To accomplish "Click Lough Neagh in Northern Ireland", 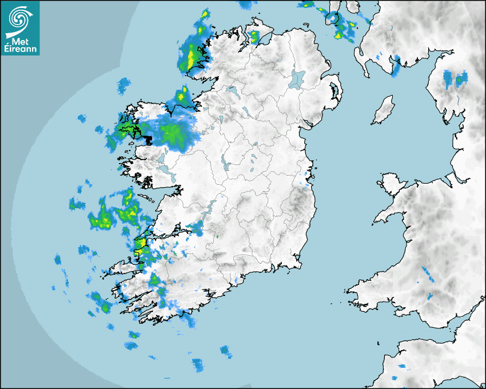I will (297, 78).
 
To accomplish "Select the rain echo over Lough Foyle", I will (253, 37).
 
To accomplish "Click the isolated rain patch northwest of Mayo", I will (124, 86).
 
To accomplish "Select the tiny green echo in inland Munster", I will (217, 236).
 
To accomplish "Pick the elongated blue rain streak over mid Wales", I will (428, 274).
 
